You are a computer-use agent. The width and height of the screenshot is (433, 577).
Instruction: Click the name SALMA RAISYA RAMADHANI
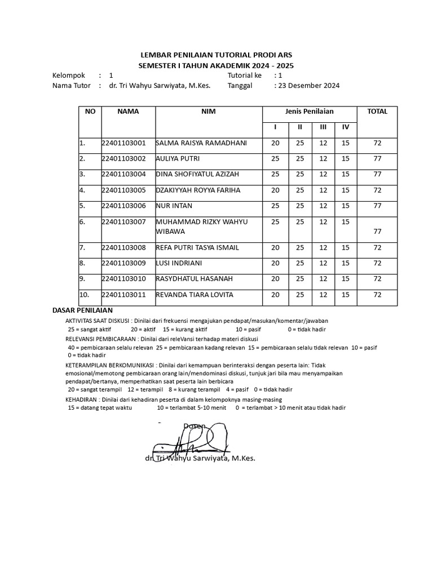coord(201,143)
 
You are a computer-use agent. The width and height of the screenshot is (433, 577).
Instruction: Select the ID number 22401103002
coord(123,159)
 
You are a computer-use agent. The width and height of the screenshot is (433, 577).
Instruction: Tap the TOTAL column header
coord(377,112)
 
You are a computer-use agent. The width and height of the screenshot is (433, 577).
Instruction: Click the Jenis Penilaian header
coord(309,112)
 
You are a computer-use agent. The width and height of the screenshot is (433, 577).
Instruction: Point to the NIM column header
coord(209,112)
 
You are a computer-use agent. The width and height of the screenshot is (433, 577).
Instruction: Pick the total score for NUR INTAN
coord(377,206)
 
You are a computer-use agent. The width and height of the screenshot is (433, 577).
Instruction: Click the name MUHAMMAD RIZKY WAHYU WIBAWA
coord(201,227)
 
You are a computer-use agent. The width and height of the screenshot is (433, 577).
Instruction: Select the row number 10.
coord(85,295)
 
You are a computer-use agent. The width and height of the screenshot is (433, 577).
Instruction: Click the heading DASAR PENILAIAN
coord(82,310)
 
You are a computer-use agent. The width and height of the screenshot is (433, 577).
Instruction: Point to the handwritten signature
coord(195,440)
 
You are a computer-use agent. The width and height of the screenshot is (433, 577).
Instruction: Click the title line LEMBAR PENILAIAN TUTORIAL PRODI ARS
coord(216,55)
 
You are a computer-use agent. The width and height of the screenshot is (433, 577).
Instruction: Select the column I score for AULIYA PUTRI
coord(275,159)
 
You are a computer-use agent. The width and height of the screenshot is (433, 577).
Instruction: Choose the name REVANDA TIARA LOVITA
coord(194,295)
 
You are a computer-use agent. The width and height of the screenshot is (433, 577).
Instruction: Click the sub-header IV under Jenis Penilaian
coord(346,127)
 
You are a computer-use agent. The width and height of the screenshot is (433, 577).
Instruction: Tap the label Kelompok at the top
coord(68,75)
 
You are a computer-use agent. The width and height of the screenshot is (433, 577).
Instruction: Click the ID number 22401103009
coord(123,263)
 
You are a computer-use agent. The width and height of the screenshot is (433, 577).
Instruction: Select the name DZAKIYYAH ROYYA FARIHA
coord(197,190)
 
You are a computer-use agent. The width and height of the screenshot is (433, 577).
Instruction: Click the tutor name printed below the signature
coord(200,459)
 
